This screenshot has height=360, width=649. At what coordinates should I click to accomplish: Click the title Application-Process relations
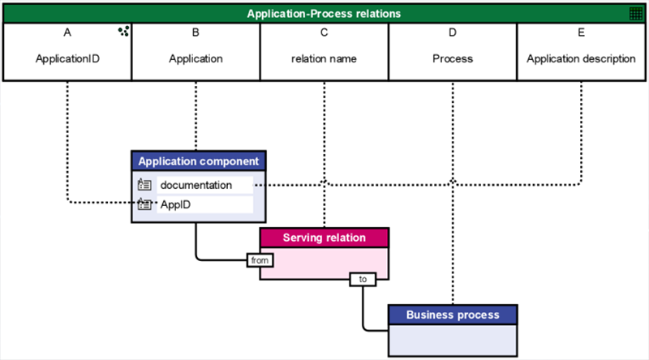(x=324, y=14)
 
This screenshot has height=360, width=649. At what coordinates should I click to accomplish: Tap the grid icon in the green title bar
(x=636, y=14)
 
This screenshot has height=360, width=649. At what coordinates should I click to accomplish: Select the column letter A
(x=67, y=32)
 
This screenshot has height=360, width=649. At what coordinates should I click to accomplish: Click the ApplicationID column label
(x=67, y=58)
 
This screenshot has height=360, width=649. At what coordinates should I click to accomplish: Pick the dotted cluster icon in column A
(x=123, y=31)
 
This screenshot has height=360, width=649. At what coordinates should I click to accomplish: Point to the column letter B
(x=196, y=32)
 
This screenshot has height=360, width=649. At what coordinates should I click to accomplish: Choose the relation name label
(x=324, y=58)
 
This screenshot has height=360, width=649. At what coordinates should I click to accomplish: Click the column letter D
(x=453, y=32)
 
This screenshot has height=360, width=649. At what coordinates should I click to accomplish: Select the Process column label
(x=453, y=58)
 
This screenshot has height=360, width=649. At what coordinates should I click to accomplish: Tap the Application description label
(x=581, y=58)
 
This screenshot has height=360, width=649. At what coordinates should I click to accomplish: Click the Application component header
(x=199, y=161)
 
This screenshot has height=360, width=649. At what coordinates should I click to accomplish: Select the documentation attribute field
(x=205, y=185)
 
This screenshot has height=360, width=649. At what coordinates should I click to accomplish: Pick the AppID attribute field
(x=205, y=204)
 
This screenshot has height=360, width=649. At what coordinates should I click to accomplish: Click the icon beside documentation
(x=144, y=185)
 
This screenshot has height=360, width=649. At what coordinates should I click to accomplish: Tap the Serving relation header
(x=324, y=238)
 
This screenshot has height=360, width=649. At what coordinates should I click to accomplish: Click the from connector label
(x=260, y=260)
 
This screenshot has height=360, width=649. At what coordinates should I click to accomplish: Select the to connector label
(x=363, y=279)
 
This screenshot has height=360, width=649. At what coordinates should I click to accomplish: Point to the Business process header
(x=453, y=315)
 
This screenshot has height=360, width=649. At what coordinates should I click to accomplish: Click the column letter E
(x=581, y=32)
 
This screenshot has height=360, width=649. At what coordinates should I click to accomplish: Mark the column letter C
(x=324, y=32)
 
